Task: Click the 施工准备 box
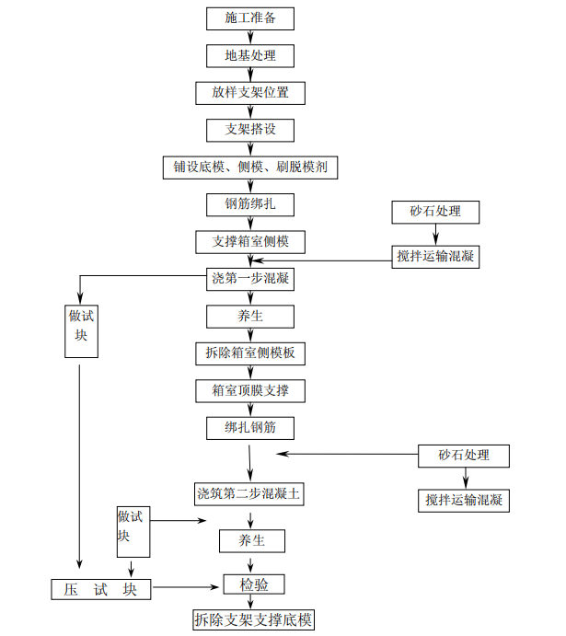click(250, 17)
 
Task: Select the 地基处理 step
click(250, 55)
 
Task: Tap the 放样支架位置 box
click(250, 93)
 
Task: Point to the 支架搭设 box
click(250, 130)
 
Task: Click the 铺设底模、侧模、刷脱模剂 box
click(250, 168)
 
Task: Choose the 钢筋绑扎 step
click(250, 204)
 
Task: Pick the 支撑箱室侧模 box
click(250, 242)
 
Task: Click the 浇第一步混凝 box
click(250, 279)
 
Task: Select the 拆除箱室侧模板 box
click(250, 353)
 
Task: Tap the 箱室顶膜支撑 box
click(250, 390)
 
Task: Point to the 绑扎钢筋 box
click(250, 428)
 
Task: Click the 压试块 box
click(100, 589)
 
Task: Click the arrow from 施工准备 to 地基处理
click(250, 36)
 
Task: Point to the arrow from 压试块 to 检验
click(188, 586)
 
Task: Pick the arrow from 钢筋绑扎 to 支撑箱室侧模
click(250, 224)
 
